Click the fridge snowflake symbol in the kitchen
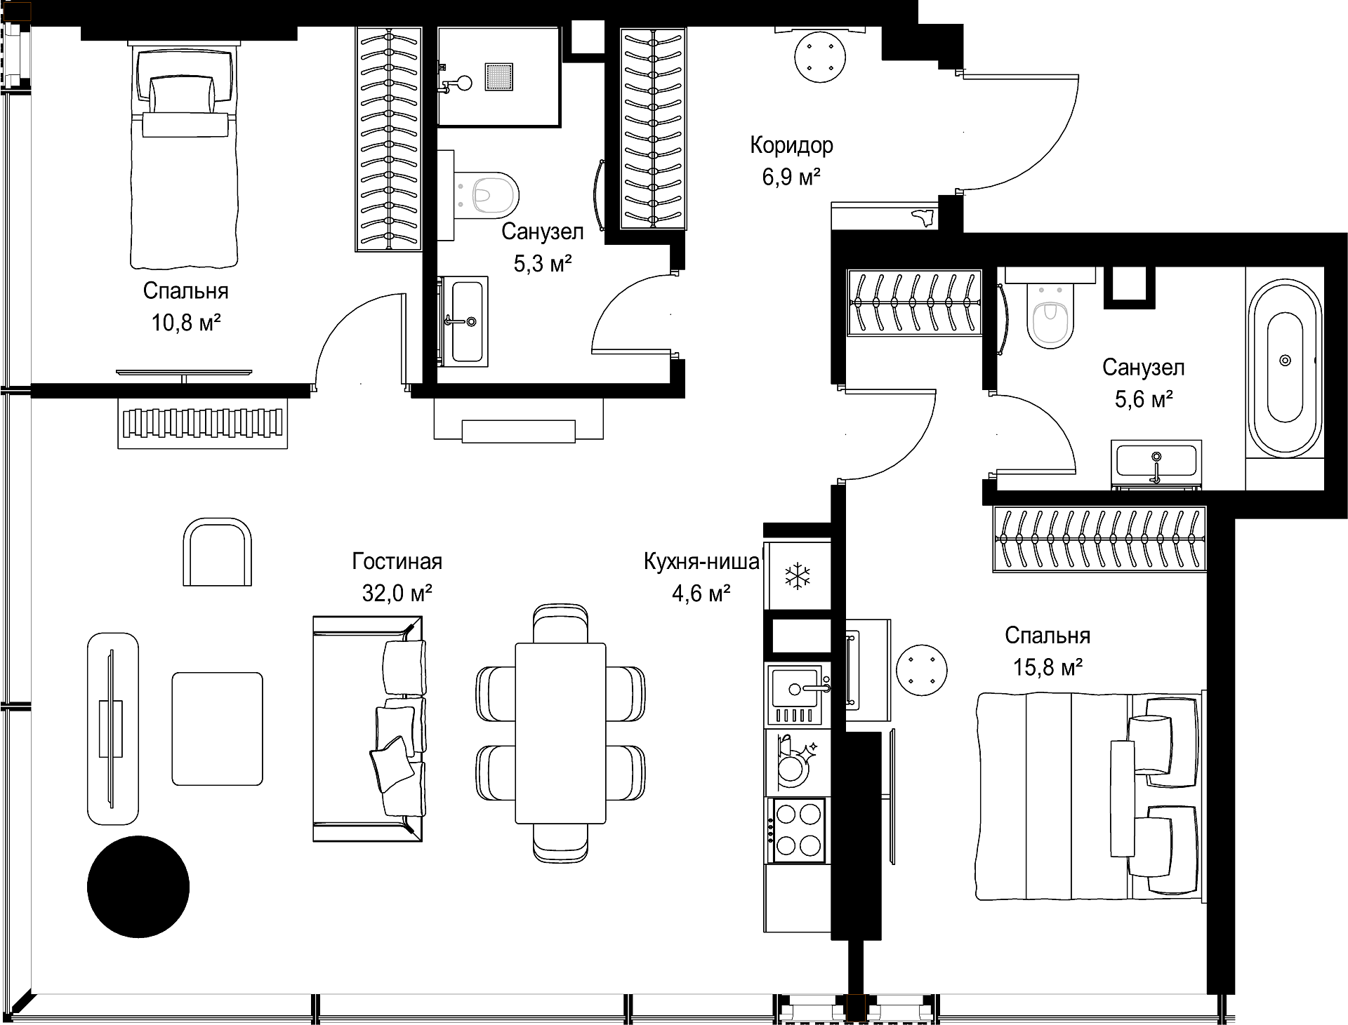click(x=797, y=577)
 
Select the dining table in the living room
click(x=560, y=733)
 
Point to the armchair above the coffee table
click(x=217, y=552)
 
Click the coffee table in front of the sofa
click(x=218, y=728)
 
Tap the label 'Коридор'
click(x=791, y=145)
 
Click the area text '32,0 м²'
click(x=397, y=594)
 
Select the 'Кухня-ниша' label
click(x=701, y=562)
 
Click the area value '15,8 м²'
click(x=1047, y=666)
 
